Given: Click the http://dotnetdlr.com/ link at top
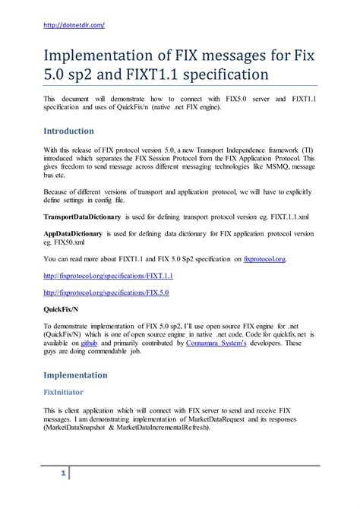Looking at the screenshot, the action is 74,25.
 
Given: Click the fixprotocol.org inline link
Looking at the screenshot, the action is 264,259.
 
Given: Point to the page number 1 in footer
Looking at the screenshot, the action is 63,474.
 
